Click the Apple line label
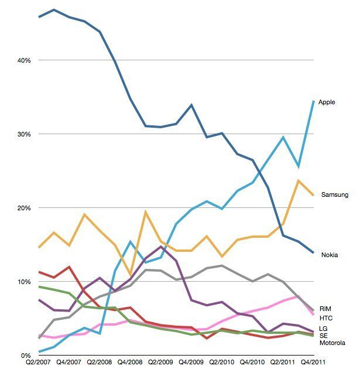point(327,102)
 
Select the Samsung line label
point(335,194)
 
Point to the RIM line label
point(326,307)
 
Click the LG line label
point(323,328)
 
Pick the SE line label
point(323,336)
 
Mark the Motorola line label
point(332,343)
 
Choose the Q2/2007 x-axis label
point(39,363)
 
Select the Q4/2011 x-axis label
point(314,363)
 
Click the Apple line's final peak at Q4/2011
point(314,101)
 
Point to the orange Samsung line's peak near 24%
point(299,180)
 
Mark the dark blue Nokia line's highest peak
point(54,10)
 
